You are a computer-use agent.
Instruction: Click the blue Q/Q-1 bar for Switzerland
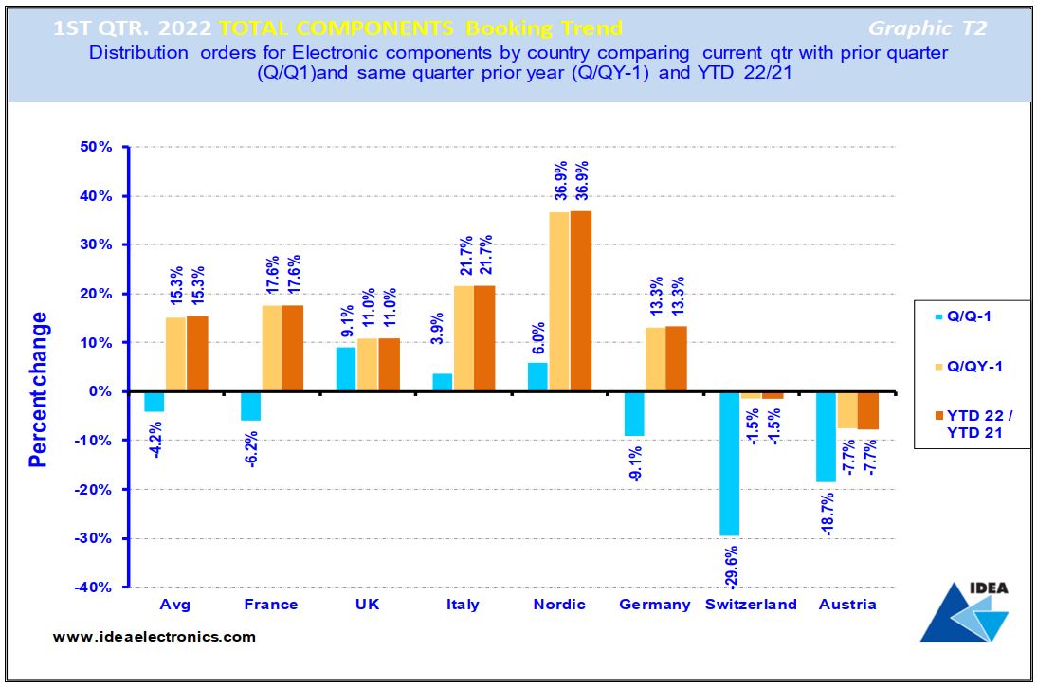(x=729, y=463)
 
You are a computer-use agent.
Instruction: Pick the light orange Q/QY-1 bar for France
(x=272, y=348)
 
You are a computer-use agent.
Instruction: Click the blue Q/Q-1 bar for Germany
(x=633, y=413)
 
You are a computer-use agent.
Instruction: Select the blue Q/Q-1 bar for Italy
(x=442, y=382)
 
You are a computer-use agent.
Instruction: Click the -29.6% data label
(x=730, y=564)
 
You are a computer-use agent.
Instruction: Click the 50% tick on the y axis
(x=95, y=147)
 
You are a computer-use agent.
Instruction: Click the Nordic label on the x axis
(x=559, y=605)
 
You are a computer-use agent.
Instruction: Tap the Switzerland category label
(x=751, y=605)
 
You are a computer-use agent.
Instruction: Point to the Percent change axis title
(x=38, y=389)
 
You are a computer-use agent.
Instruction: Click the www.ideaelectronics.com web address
(x=154, y=637)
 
